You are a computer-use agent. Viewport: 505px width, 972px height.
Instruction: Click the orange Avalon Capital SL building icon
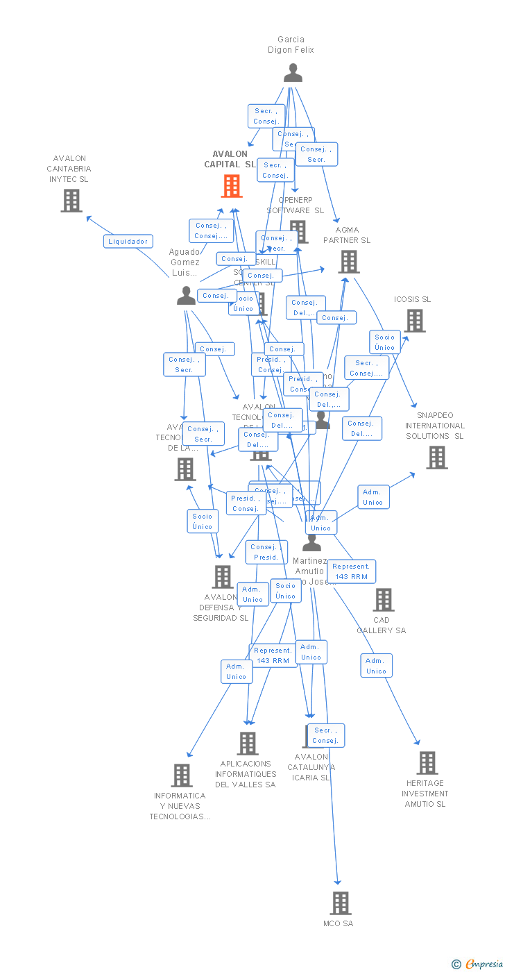point(232,186)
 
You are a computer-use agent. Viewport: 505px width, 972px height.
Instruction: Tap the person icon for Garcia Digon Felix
point(293,73)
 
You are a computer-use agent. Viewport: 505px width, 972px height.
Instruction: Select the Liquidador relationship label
point(128,242)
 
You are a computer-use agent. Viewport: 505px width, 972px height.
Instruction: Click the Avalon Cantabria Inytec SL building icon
point(71,201)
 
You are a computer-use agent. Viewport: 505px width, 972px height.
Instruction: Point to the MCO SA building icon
point(340,903)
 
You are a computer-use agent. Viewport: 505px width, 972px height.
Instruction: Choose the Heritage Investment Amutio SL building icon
point(427,763)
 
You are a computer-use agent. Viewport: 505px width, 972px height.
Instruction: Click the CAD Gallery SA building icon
point(383,600)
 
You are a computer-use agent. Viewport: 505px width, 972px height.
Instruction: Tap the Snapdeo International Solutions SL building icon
point(436,458)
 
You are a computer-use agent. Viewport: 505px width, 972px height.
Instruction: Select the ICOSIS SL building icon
point(415,321)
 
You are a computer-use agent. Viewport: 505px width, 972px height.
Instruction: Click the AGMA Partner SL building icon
point(348,262)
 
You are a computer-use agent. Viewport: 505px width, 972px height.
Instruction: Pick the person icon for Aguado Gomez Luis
point(186,296)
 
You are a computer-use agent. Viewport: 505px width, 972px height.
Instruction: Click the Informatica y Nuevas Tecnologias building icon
point(181,776)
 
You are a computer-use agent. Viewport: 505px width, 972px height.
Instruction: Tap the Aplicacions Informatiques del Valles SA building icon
point(247,744)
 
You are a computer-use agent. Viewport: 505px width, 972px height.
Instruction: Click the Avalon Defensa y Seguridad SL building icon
point(222,576)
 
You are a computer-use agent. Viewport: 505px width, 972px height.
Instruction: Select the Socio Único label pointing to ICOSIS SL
point(385,342)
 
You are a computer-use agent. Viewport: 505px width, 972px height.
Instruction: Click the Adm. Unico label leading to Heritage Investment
point(376,666)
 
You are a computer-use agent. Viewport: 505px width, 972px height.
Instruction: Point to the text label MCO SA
point(338,923)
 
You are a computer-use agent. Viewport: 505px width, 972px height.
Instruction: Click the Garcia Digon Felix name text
point(291,44)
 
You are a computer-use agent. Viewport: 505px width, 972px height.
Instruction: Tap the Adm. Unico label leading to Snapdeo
point(373,497)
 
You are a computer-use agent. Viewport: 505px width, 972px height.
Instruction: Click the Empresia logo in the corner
point(482,964)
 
